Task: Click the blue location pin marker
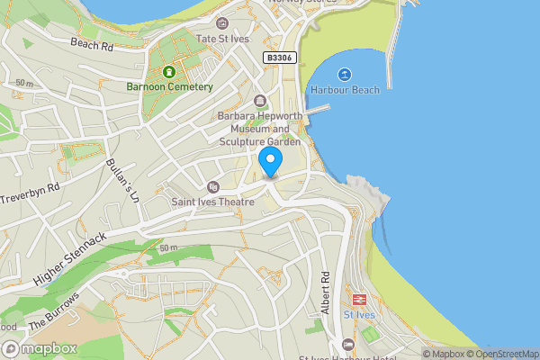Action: click(x=271, y=162)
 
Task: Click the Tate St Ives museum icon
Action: click(x=223, y=23)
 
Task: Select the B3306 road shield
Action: click(x=278, y=57)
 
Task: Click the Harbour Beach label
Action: click(x=344, y=90)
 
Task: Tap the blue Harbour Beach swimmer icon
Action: click(x=344, y=74)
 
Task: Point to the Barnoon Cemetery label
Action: click(x=169, y=87)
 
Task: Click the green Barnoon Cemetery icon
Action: click(x=169, y=71)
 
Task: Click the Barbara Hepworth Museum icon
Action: click(x=260, y=101)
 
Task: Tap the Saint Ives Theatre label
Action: click(x=214, y=202)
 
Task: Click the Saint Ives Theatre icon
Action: click(x=213, y=187)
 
